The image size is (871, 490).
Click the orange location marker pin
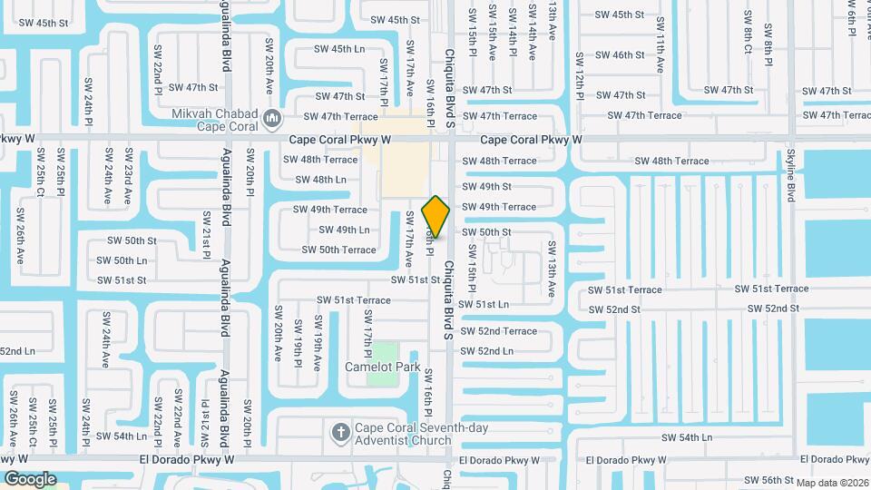tap(436, 216)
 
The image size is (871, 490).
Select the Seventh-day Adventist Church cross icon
tap(340, 432)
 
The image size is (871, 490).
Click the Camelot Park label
tap(382, 367)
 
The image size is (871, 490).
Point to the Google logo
tap(30, 478)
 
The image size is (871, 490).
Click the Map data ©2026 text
tap(833, 482)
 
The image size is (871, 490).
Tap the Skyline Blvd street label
tap(791, 175)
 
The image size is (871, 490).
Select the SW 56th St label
tap(765, 480)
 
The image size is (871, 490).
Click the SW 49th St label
tap(487, 186)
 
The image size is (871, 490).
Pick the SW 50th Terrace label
tap(338, 250)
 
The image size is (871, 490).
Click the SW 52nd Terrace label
tap(499, 331)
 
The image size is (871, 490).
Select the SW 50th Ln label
tap(122, 260)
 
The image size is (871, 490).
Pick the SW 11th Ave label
tap(660, 54)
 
